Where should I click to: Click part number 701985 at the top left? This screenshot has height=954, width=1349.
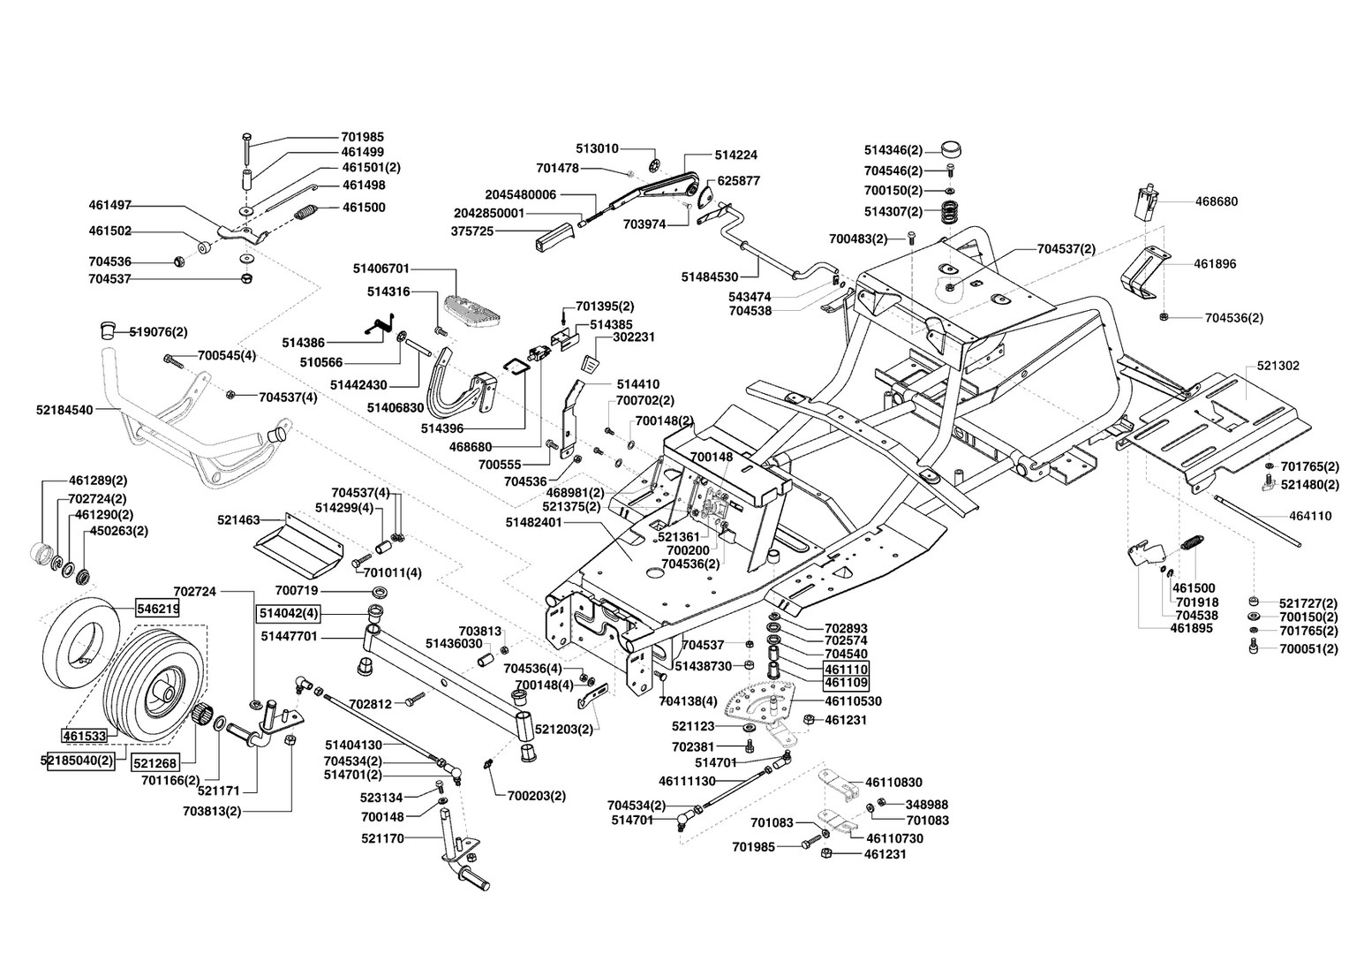[362, 138]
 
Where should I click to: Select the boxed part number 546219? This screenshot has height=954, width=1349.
[157, 609]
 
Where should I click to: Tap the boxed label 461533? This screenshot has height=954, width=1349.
[84, 735]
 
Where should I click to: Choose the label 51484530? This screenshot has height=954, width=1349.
[709, 277]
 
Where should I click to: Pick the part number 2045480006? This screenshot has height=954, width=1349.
[522, 194]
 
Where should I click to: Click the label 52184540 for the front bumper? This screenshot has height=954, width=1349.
[64, 410]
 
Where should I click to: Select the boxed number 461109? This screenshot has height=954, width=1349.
[846, 683]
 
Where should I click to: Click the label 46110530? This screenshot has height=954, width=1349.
[853, 701]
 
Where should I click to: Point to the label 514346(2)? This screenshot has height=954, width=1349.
[893, 150]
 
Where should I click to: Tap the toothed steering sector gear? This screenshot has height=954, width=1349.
[756, 705]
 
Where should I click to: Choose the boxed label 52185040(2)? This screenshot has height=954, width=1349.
[79, 761]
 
